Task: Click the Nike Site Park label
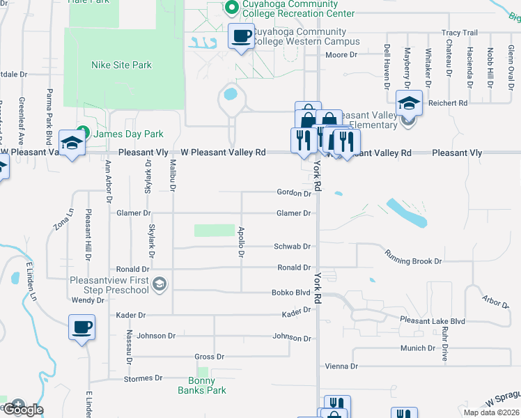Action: [121, 65]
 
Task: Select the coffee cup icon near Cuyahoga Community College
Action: [242, 36]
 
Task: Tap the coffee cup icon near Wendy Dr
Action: [81, 327]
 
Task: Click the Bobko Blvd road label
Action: [290, 293]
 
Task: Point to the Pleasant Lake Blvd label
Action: [432, 320]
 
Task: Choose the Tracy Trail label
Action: [460, 33]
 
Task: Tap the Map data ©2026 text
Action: [492, 412]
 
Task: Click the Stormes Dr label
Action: [143, 378]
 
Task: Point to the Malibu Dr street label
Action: [172, 175]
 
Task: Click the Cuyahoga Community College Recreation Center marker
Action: [233, 8]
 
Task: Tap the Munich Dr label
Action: [417, 348]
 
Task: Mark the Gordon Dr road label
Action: [293, 193]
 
